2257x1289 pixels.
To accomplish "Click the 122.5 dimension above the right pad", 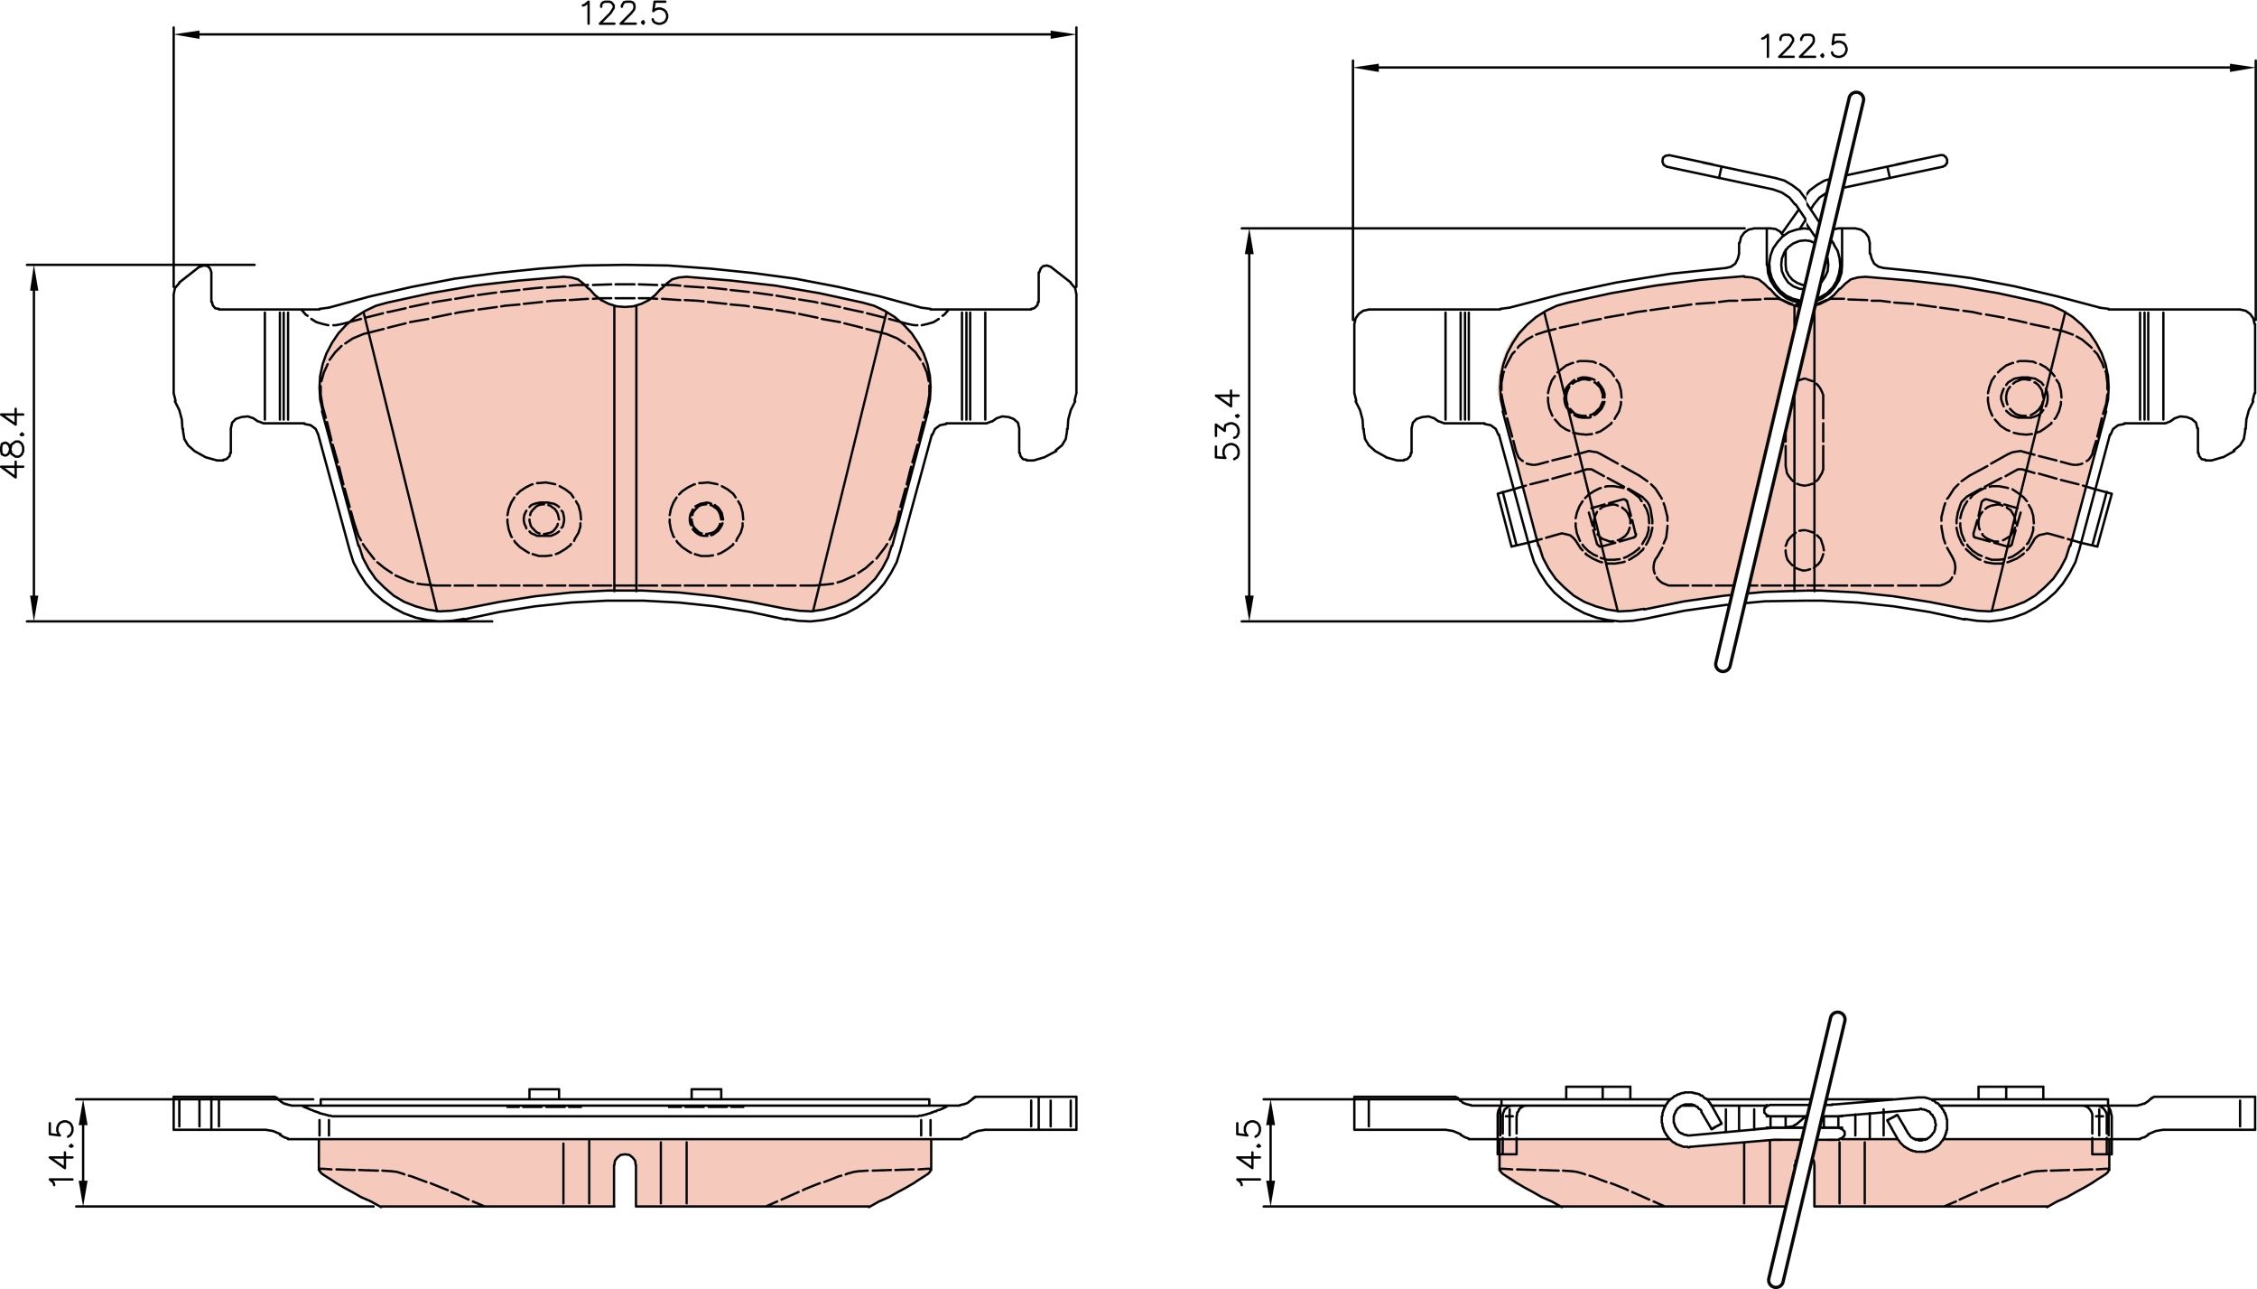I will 1803,47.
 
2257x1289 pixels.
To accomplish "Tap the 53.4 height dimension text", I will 1230,425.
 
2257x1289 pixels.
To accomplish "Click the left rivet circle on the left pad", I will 544,518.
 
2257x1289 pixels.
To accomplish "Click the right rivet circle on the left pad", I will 706,518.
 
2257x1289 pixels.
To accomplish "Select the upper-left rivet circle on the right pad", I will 1584,397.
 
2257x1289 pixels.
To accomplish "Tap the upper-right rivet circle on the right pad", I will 2024,395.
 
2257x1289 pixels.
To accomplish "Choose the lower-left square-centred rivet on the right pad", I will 1611,521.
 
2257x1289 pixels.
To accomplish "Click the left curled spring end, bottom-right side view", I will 1684,1120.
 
